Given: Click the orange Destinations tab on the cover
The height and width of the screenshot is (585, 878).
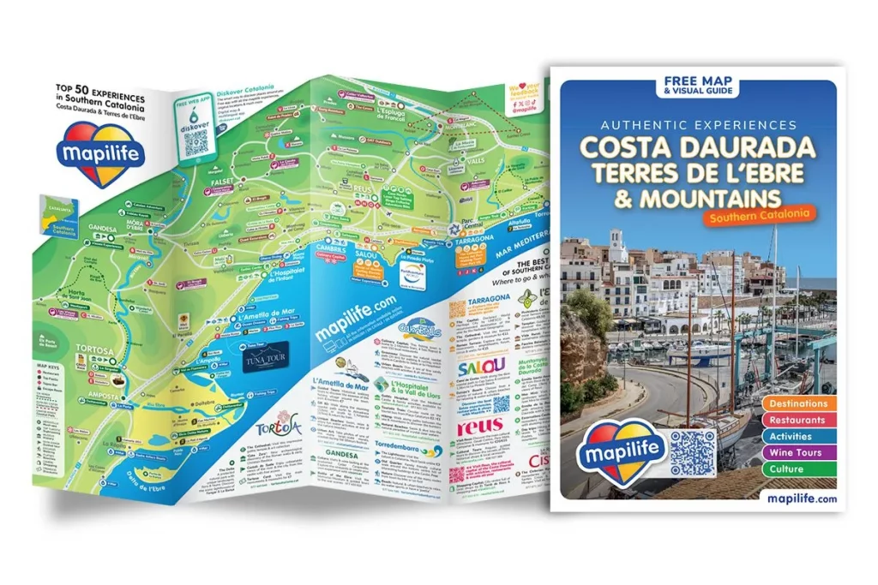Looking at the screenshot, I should pyautogui.click(x=797, y=403).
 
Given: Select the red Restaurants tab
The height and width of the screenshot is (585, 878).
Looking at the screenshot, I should pyautogui.click(x=797, y=420).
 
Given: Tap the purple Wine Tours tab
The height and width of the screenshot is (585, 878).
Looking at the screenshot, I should pyautogui.click(x=797, y=452).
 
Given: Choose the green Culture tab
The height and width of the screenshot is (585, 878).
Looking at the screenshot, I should pyautogui.click(x=797, y=469).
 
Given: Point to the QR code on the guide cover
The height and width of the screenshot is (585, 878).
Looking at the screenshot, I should pyautogui.click(x=692, y=452).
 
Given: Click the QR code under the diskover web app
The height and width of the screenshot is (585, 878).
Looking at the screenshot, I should pyautogui.click(x=196, y=140).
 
